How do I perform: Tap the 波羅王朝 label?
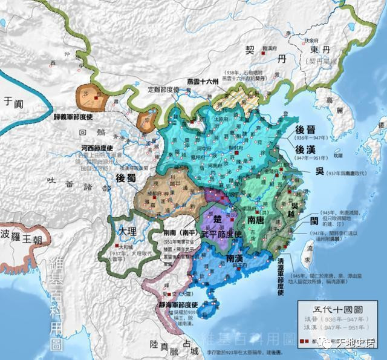[x=24, y=233]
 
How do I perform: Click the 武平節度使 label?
[x=221, y=234]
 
